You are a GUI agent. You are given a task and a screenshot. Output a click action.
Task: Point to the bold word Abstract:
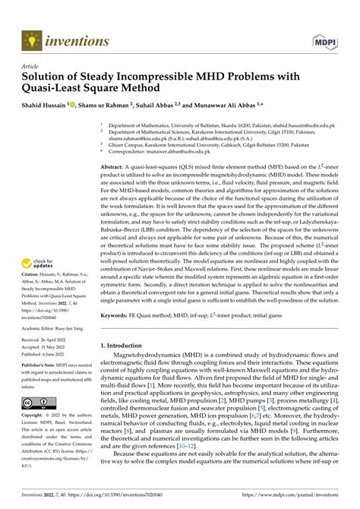115,166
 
